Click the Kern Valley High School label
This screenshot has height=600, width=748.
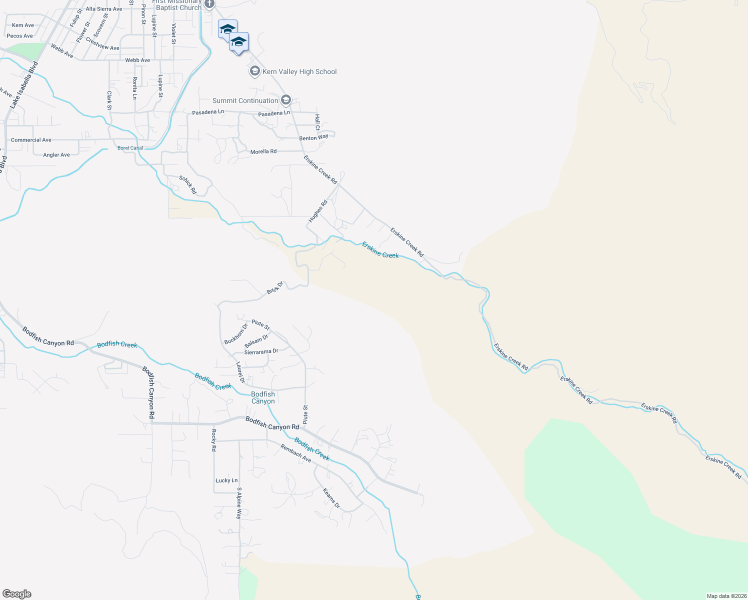[x=299, y=72]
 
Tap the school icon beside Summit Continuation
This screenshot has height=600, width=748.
[x=285, y=100]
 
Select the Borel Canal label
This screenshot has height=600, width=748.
[x=130, y=148]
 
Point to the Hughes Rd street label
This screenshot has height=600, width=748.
[x=317, y=211]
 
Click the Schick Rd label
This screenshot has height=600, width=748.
[x=188, y=185]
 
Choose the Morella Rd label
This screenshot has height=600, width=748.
[x=263, y=151]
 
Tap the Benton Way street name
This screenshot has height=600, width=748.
[x=314, y=137]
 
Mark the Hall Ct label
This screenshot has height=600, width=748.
[x=317, y=122]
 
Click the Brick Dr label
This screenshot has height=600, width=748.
[x=275, y=287]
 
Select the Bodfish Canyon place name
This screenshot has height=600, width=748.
[x=263, y=398]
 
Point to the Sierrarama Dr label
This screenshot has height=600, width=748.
[x=261, y=352]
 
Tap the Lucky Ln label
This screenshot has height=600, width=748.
[x=226, y=480]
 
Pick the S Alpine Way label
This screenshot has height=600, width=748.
[x=239, y=503]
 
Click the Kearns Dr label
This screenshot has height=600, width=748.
[x=331, y=498]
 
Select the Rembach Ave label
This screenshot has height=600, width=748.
[x=295, y=453]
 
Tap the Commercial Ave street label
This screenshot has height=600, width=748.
[x=31, y=140]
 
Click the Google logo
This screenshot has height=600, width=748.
[x=17, y=594]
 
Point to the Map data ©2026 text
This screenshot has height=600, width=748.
[x=725, y=596]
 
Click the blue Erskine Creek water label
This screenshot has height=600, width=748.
[x=380, y=250]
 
